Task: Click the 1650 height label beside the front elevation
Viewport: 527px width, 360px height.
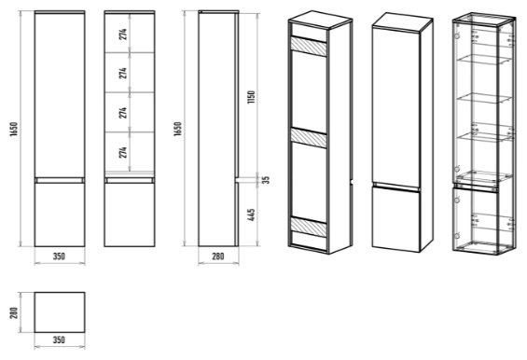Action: click(14, 129)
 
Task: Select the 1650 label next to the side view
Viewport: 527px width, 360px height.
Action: click(177, 129)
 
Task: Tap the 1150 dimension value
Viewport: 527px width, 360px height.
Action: click(251, 97)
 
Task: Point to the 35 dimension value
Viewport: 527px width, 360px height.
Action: click(266, 179)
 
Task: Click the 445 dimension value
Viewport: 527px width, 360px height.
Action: click(251, 215)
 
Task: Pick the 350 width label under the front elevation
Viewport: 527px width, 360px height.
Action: click(59, 256)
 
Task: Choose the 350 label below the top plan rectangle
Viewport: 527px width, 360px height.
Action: click(59, 339)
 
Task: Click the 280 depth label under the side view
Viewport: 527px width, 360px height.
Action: click(217, 256)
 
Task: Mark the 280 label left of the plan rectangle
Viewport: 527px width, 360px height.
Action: click(14, 312)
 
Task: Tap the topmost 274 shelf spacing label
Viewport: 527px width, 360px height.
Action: click(123, 35)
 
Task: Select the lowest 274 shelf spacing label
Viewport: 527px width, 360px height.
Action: click(123, 152)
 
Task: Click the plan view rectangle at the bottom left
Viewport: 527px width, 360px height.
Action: click(60, 312)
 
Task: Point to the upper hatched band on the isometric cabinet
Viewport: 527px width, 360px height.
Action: click(309, 47)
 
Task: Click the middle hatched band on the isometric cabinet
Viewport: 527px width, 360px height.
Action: click(309, 138)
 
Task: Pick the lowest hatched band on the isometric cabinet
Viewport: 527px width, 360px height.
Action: click(309, 228)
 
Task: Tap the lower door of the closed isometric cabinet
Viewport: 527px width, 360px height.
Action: click(395, 218)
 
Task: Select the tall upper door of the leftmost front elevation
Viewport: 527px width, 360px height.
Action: click(60, 95)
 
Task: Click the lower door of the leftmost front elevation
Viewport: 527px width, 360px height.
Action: click(60, 215)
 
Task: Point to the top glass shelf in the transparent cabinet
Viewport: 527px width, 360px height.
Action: click(484, 60)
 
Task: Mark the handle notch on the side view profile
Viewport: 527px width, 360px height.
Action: click(237, 179)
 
